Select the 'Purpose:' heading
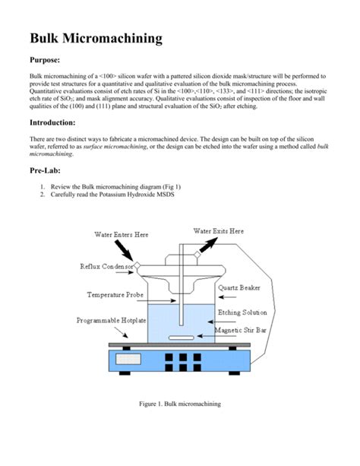click(51, 61)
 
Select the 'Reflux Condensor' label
click(106, 266)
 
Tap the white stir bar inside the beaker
click(181, 335)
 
